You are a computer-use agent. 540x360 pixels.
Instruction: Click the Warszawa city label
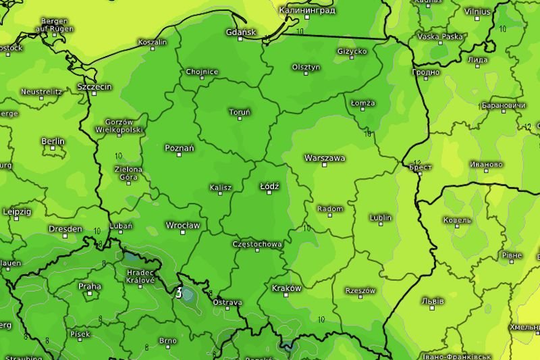(325, 157)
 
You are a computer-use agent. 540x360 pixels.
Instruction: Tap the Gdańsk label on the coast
(241, 32)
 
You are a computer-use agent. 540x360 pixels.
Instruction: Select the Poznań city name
(180, 147)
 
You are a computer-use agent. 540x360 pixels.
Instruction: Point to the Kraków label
(286, 288)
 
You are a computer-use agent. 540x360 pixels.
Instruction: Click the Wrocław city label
(183, 225)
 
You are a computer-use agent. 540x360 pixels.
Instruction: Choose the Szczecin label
(94, 86)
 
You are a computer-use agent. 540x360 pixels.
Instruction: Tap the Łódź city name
(269, 184)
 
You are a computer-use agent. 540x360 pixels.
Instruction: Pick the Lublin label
(381, 217)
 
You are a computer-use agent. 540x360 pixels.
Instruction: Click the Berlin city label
(53, 141)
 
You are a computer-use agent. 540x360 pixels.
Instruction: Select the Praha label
(90, 286)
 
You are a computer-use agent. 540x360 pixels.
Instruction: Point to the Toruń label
(240, 111)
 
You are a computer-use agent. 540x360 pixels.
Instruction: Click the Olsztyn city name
(306, 67)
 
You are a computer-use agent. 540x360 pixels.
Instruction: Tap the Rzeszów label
(360, 290)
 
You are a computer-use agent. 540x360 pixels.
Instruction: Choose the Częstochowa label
(257, 244)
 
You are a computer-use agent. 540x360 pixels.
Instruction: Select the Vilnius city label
(478, 11)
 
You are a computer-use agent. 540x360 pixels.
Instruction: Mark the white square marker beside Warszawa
(325, 165)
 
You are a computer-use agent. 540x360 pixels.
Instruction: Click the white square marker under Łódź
(269, 192)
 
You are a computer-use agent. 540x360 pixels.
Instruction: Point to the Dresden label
(65, 229)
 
